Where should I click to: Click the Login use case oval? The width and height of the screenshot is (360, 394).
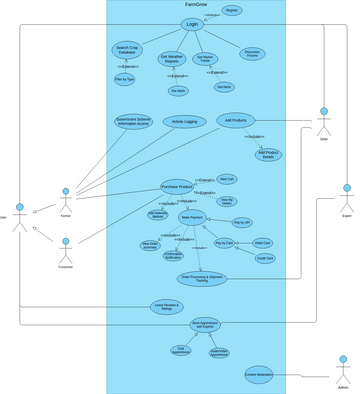192,24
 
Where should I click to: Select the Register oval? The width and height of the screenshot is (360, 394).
231,10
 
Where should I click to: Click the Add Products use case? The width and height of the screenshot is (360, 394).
237,120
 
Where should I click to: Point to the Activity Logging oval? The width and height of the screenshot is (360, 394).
185,122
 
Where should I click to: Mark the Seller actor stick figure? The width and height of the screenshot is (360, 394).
323,117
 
